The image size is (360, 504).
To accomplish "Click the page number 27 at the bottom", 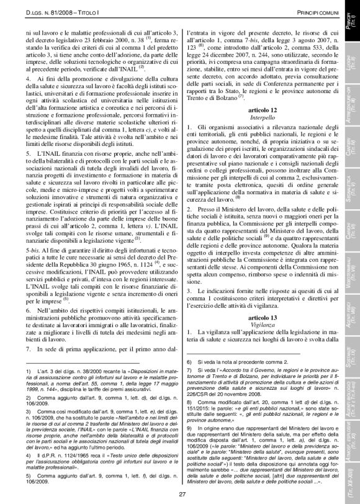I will tap(182, 493).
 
